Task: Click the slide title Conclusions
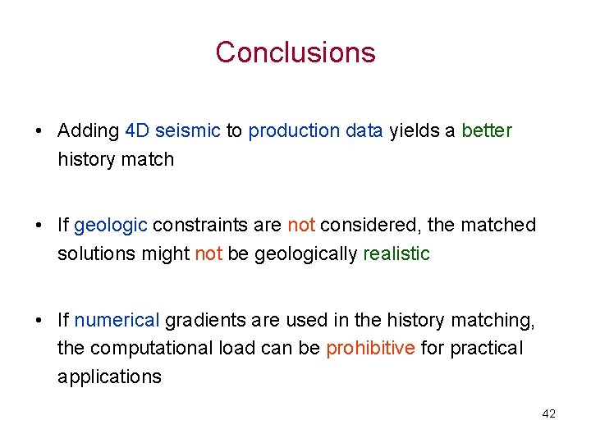pos(295,53)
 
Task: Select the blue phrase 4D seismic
pos(172,131)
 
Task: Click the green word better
pos(487,131)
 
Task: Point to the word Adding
pos(88,131)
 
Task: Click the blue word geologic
pos(111,226)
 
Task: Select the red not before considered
pos(301,226)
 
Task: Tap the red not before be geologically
pos(208,254)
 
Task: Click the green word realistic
pos(396,254)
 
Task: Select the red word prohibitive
pos(370,349)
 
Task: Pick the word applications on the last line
pos(109,377)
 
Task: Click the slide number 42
pos(548,414)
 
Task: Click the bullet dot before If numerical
pos(39,321)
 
